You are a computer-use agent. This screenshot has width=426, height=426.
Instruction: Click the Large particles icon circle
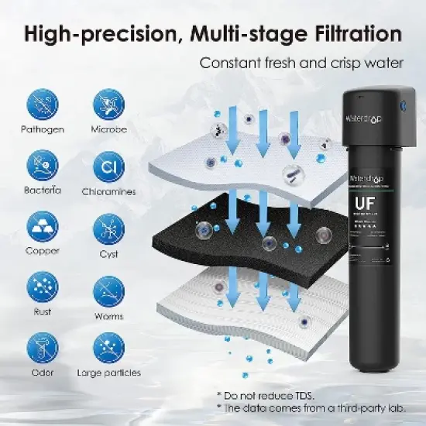(x=108, y=349)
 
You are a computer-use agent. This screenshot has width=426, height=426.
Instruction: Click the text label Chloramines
(x=108, y=191)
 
